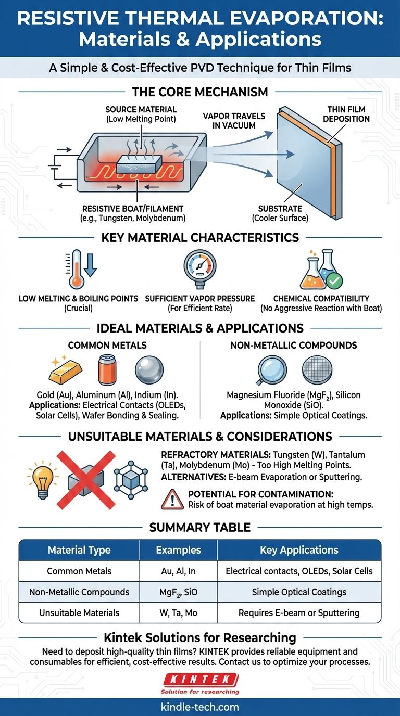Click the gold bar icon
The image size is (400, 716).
point(65,370)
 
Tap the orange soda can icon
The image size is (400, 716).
point(107,369)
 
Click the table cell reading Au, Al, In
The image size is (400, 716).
point(178,571)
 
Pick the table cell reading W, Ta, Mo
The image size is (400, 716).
point(178,612)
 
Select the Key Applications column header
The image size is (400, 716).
point(299,550)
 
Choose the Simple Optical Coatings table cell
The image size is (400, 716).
point(299,592)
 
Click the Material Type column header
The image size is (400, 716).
point(79,550)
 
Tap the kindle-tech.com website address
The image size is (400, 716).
point(200,707)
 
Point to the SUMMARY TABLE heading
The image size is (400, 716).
point(200,527)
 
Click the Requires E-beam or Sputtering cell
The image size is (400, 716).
point(299,612)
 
